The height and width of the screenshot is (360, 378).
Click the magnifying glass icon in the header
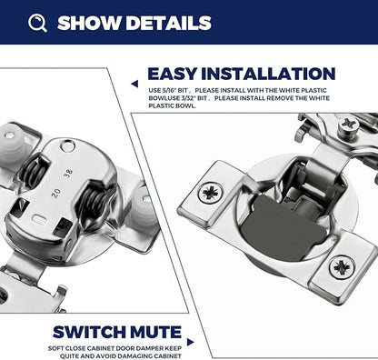click(37, 23)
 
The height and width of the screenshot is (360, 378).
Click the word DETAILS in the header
click(168, 23)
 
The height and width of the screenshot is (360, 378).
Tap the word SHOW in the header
click(89, 23)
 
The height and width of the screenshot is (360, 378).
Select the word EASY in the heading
click(172, 74)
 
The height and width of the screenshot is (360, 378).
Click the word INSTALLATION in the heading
click(268, 74)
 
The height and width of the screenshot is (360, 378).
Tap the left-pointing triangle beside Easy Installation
click(134, 84)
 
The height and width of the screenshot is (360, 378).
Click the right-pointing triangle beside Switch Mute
click(190, 342)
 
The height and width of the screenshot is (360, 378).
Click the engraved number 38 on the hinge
click(68, 174)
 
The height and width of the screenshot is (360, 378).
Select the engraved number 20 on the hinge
click(56, 193)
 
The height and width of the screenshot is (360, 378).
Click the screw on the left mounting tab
click(210, 192)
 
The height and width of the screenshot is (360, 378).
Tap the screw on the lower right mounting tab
click(343, 267)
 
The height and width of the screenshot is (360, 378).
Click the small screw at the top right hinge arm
click(347, 125)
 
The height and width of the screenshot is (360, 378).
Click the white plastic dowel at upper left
click(12, 144)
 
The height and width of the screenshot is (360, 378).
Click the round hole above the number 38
click(67, 146)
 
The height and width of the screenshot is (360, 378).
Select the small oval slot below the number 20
click(39, 219)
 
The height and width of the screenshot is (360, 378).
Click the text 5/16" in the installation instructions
click(171, 91)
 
